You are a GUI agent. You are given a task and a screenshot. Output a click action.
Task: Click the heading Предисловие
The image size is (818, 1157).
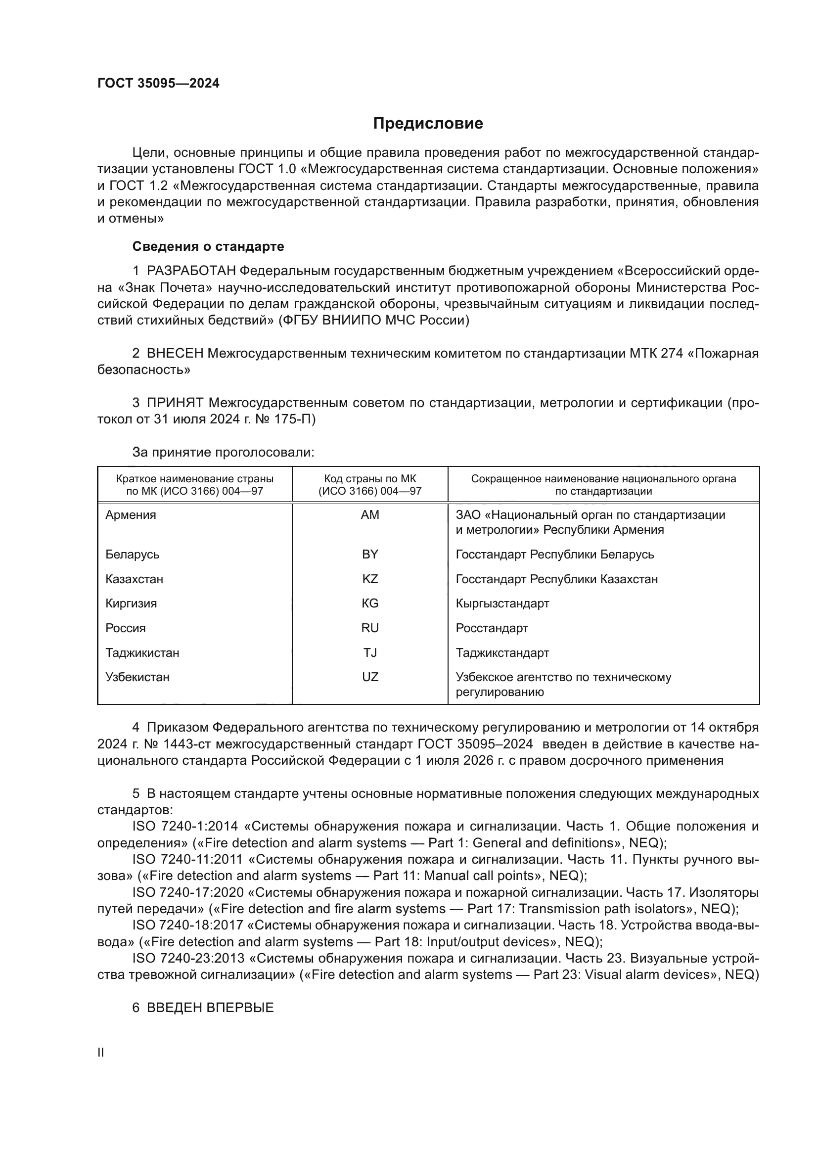[428, 124]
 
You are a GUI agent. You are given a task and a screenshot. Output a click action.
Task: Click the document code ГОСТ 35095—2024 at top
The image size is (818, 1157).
[158, 83]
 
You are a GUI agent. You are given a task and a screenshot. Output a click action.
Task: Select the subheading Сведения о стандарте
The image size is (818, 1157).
[208, 246]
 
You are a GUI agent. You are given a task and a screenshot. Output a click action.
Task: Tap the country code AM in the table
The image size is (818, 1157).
[370, 515]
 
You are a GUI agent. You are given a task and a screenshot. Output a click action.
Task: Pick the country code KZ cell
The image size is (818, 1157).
[370, 579]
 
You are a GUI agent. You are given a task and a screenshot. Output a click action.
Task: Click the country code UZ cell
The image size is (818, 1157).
[370, 677]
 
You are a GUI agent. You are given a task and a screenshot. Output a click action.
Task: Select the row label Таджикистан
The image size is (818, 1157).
[142, 652]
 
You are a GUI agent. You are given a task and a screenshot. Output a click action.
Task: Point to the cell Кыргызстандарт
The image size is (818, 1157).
[502, 603]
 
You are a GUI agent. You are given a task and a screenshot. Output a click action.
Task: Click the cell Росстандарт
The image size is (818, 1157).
[492, 628]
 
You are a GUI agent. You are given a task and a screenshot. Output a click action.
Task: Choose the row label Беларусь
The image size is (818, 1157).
[132, 555]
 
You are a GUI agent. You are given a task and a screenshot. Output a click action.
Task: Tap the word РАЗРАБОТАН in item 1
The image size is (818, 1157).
[191, 271]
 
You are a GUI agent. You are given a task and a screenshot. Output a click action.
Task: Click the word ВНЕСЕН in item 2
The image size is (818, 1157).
[175, 353]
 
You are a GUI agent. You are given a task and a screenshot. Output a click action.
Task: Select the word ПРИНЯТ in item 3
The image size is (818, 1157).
[175, 403]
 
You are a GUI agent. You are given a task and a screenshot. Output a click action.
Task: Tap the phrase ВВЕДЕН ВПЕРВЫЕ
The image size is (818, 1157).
[210, 1007]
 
